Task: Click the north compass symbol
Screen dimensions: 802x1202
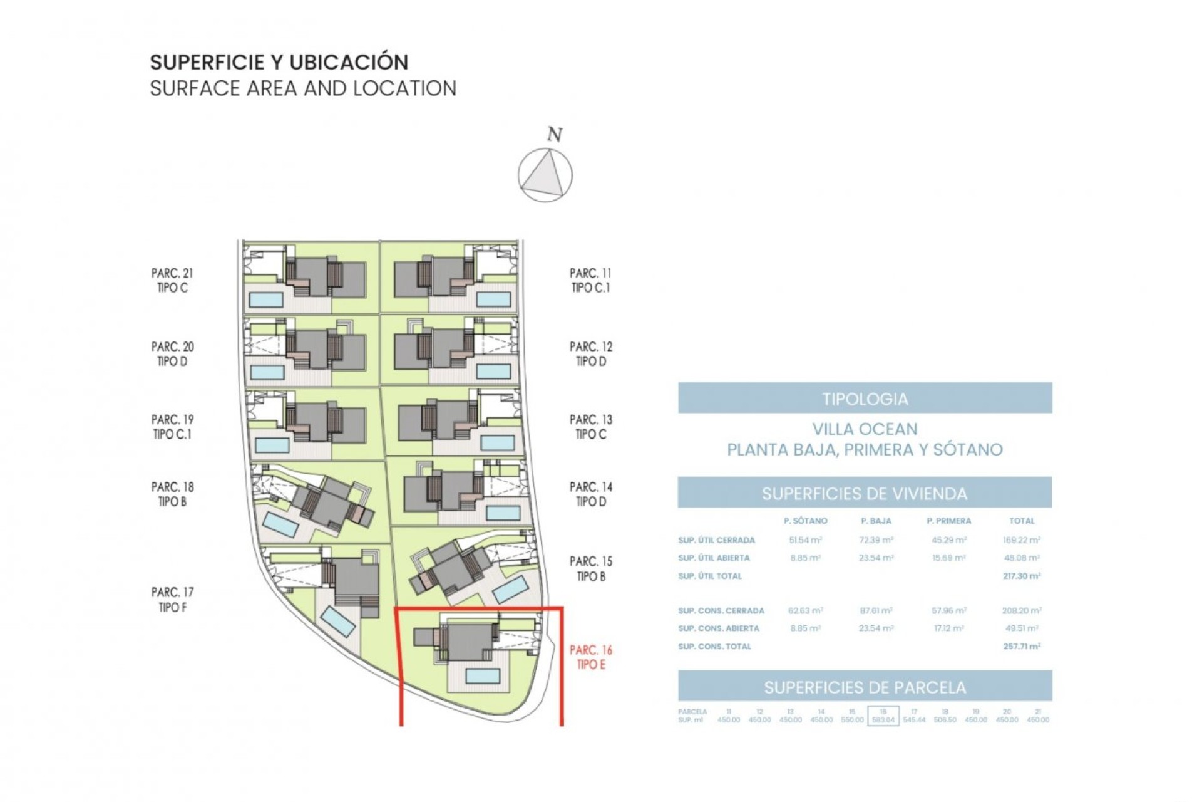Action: (545, 175)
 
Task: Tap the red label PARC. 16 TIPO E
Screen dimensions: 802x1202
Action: (590, 657)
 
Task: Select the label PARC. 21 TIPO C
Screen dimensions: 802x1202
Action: (172, 280)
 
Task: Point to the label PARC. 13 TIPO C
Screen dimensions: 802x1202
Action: (590, 427)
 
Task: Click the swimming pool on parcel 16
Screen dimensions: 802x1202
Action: (483, 675)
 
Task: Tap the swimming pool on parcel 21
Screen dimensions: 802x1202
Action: (266, 299)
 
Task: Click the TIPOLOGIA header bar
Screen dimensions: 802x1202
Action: (865, 398)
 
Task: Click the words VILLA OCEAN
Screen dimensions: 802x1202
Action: (865, 429)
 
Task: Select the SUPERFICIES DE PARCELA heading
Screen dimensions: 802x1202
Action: (865, 687)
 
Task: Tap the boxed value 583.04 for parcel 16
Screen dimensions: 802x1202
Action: (883, 720)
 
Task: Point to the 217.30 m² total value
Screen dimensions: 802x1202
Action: (1021, 576)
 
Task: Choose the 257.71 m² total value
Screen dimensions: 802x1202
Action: (1021, 646)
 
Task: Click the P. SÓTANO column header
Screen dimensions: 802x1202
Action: (805, 521)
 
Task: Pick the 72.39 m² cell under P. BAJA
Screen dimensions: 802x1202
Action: (876, 539)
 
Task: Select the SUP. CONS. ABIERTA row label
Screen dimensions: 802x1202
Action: (718, 628)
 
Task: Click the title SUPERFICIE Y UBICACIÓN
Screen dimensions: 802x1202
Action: (279, 62)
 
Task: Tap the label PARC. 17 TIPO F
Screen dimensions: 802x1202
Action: (172, 600)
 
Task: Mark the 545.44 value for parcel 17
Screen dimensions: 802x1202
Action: (914, 720)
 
